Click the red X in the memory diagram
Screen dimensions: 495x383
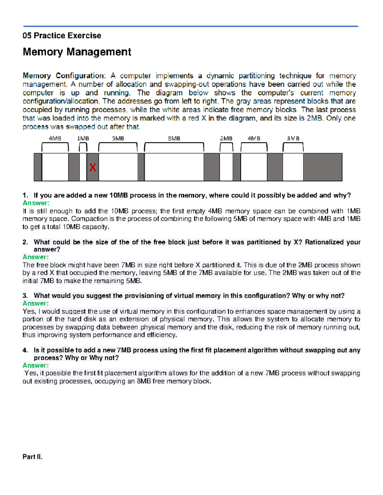[x=93, y=167]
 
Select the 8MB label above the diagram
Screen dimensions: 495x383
[x=174, y=139]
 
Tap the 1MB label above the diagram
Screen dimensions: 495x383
[x=83, y=139]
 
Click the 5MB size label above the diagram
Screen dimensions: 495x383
[x=118, y=139]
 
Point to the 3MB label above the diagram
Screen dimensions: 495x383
[x=293, y=139]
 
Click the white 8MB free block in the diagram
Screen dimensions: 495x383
[x=174, y=167]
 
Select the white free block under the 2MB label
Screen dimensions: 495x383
[x=226, y=167]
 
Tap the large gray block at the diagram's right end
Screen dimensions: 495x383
[x=322, y=167]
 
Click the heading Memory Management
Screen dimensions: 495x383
[x=77, y=52]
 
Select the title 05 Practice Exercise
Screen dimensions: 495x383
[x=62, y=35]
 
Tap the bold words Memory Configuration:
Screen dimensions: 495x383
[x=64, y=76]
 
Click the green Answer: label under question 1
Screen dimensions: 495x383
[x=36, y=203]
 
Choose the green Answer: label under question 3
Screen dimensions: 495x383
[x=36, y=303]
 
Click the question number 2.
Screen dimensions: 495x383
[x=25, y=242]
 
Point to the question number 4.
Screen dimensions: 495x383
[x=25, y=350]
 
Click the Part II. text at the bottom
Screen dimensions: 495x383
[x=32, y=457]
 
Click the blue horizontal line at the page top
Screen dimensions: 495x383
[x=191, y=26]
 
